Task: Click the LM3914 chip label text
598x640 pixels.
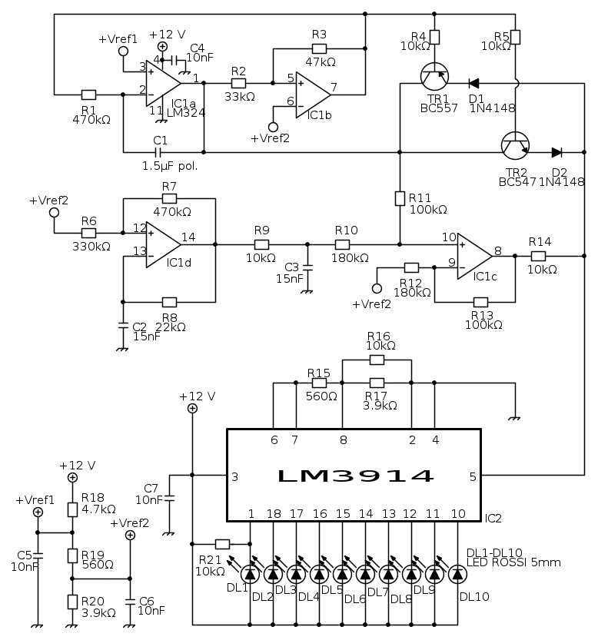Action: pyautogui.click(x=354, y=476)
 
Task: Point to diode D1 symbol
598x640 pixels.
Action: pyautogui.click(x=474, y=83)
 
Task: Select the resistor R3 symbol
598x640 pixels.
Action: pyautogui.click(x=320, y=48)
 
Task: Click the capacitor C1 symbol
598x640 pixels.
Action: pyautogui.click(x=161, y=152)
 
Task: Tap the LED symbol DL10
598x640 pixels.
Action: pyautogui.click(x=457, y=573)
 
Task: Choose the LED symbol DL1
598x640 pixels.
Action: pyautogui.click(x=250, y=573)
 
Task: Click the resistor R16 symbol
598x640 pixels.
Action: pyautogui.click(x=377, y=360)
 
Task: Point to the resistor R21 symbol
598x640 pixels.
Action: pyautogui.click(x=223, y=542)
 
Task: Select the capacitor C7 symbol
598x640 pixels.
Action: pyautogui.click(x=169, y=499)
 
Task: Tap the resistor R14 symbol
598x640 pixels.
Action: pyautogui.click(x=538, y=256)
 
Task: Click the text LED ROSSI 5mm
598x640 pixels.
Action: pyautogui.click(x=513, y=562)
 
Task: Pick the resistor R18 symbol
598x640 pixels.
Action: pyautogui.click(x=73, y=509)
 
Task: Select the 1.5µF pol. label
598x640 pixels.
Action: pyautogui.click(x=170, y=166)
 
